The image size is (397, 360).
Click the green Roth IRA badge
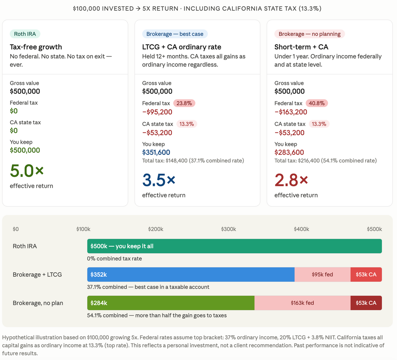click(x=25, y=34)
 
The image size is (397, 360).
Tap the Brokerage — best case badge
click(x=175, y=34)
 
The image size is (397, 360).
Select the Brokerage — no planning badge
click(x=309, y=34)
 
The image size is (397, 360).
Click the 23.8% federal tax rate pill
click(x=184, y=103)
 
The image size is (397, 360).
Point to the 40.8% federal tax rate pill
click(x=317, y=103)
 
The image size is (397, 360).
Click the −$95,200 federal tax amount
click(x=157, y=112)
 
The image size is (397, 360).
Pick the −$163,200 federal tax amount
click(x=291, y=112)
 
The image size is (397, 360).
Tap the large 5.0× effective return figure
click(x=27, y=171)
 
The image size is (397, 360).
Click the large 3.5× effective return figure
click(x=159, y=180)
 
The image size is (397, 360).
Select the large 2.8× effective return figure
click(x=291, y=180)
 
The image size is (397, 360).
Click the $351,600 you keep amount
click(x=156, y=152)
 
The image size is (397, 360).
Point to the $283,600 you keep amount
click(x=289, y=152)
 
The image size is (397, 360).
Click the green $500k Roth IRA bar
click(x=235, y=246)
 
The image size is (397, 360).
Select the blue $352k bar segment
click(x=191, y=274)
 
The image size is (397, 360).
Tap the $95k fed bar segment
click(x=323, y=274)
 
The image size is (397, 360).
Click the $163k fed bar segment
click(x=302, y=303)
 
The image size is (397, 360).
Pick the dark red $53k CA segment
click(x=366, y=303)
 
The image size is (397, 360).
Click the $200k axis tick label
click(x=156, y=229)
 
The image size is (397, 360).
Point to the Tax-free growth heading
click(x=36, y=47)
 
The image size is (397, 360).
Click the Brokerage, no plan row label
click(x=38, y=303)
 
